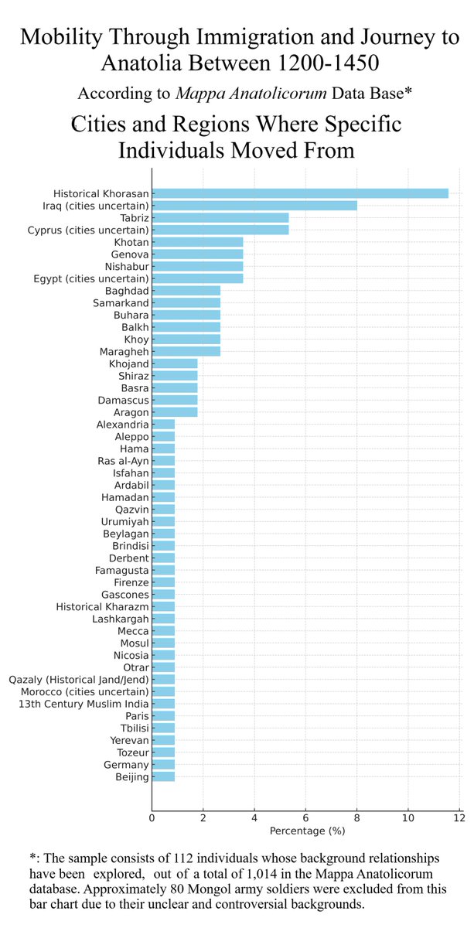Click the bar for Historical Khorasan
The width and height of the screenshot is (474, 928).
(300, 193)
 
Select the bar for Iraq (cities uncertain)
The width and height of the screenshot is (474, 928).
(254, 206)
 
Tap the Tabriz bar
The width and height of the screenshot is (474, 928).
(220, 218)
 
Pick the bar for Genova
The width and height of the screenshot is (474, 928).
(197, 254)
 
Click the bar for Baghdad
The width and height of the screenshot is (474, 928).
(186, 291)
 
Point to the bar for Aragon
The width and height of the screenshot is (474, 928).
(175, 412)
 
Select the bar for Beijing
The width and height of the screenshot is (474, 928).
(163, 776)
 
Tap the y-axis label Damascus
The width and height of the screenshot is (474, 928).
(123, 401)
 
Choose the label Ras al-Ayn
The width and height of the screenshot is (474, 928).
(123, 461)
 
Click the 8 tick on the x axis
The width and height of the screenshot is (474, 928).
(356, 817)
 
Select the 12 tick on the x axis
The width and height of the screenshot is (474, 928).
(459, 817)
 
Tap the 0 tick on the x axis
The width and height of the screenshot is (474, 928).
(152, 817)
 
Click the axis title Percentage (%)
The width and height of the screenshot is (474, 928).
(307, 831)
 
